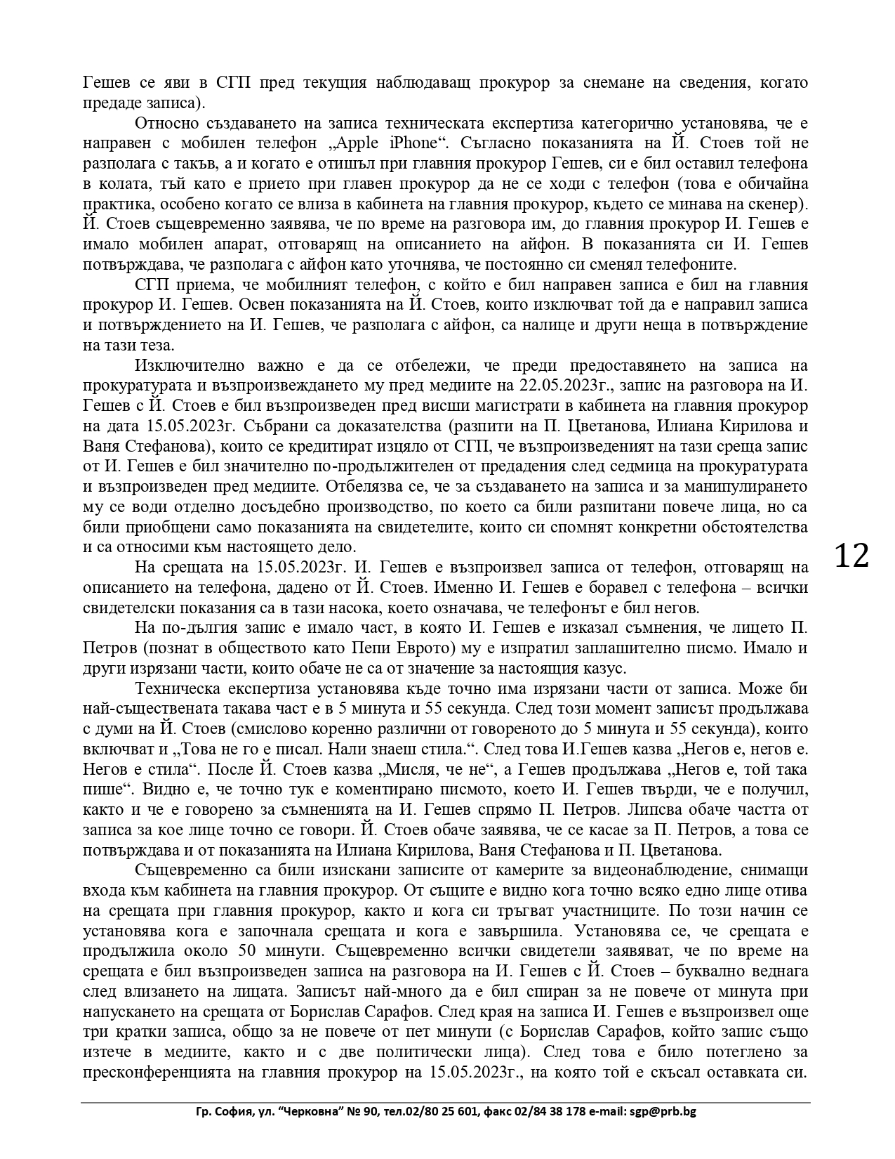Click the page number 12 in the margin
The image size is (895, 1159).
[x=851, y=556]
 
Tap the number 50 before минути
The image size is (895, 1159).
[x=242, y=951]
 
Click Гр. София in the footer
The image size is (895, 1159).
[x=220, y=1112]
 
